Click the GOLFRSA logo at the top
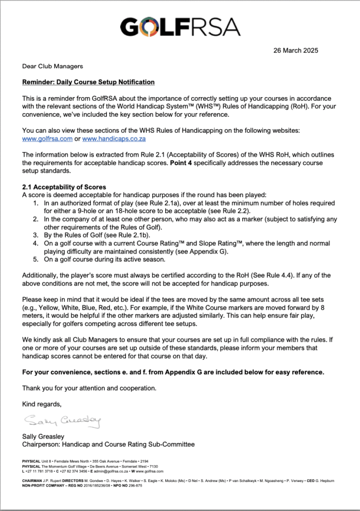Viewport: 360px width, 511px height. [x=180, y=26]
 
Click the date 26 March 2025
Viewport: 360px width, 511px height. [x=295, y=50]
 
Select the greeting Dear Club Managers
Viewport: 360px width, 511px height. [x=52, y=66]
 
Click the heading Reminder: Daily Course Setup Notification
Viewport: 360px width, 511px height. [x=88, y=82]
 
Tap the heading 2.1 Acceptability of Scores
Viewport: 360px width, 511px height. [x=64, y=187]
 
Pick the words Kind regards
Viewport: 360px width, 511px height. [x=41, y=404]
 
